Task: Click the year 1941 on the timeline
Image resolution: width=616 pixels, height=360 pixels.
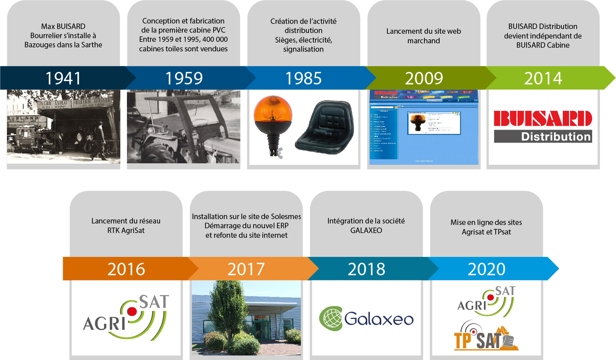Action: click(x=63, y=78)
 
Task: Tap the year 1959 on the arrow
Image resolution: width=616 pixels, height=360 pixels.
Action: click(x=184, y=78)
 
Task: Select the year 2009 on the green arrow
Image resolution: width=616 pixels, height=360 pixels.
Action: click(x=424, y=78)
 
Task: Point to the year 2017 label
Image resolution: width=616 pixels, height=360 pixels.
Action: click(x=246, y=269)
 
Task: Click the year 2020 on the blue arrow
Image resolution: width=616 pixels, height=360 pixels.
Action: click(x=486, y=269)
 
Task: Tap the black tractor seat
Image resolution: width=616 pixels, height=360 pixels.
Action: click(x=325, y=127)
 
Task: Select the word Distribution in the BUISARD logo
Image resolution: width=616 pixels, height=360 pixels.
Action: click(x=555, y=137)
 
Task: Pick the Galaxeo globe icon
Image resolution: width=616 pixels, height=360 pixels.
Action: click(x=331, y=318)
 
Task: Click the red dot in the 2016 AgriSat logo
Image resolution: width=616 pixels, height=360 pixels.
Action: click(x=132, y=312)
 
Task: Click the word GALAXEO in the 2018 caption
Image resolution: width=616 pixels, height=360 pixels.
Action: click(x=366, y=230)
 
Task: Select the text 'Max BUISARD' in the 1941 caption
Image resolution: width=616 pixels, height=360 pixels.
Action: click(x=63, y=26)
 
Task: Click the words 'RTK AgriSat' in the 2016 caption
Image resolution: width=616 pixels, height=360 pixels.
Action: click(x=125, y=230)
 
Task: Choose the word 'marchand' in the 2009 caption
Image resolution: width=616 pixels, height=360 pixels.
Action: click(x=423, y=41)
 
